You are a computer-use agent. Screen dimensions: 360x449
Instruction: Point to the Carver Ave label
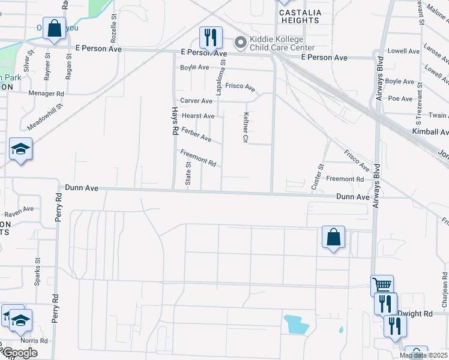pos(197,101)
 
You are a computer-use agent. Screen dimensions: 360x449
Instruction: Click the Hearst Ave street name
pos(197,116)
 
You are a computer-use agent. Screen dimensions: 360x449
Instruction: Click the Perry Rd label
pos(58,208)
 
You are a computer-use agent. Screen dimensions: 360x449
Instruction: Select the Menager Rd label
pos(46,94)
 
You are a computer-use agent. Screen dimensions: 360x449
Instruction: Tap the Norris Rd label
pos(37,341)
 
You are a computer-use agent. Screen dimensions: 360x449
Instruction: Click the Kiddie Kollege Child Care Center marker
pos(241,42)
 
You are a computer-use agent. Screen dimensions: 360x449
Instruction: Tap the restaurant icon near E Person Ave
pos(210,38)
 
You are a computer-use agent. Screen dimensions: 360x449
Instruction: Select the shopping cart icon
pos(382,285)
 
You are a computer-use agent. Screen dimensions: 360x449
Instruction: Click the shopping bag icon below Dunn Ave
pos(333,237)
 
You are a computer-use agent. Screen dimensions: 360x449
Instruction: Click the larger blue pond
pos(297,325)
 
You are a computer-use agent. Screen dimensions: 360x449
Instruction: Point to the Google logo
pos(20,353)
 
